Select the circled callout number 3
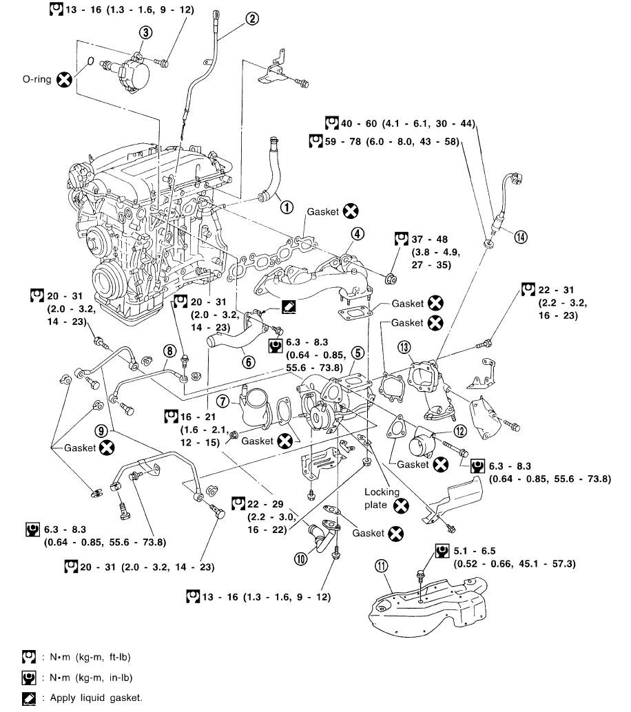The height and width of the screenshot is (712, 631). point(145,32)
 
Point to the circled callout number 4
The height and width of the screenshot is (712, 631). point(357,234)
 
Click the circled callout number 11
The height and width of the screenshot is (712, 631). point(382,566)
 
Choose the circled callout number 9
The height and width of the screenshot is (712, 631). point(102,430)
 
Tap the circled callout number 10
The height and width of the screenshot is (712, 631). point(300,559)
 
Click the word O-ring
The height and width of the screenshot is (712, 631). point(37,79)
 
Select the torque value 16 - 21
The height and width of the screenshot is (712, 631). point(196,417)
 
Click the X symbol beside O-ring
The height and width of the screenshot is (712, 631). point(64,79)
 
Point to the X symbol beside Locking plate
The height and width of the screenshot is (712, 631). point(400,507)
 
